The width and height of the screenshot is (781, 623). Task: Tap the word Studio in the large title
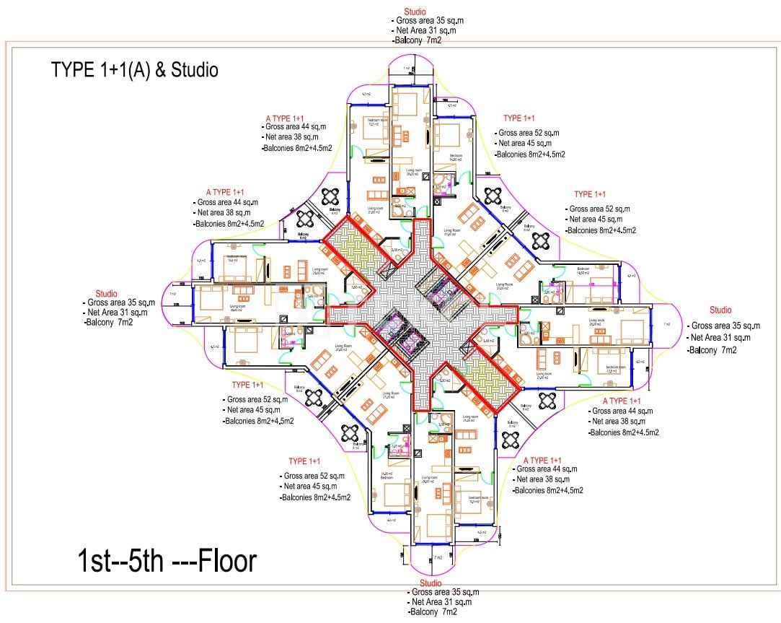(194, 70)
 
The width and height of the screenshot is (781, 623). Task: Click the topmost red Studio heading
(415, 12)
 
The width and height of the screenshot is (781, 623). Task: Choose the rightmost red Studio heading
(720, 310)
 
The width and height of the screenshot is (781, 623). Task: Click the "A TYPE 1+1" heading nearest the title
(285, 118)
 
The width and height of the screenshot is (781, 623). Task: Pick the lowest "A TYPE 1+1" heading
(552, 461)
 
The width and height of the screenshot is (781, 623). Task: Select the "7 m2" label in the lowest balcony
(437, 558)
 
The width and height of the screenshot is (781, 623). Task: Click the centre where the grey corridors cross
(422, 312)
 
